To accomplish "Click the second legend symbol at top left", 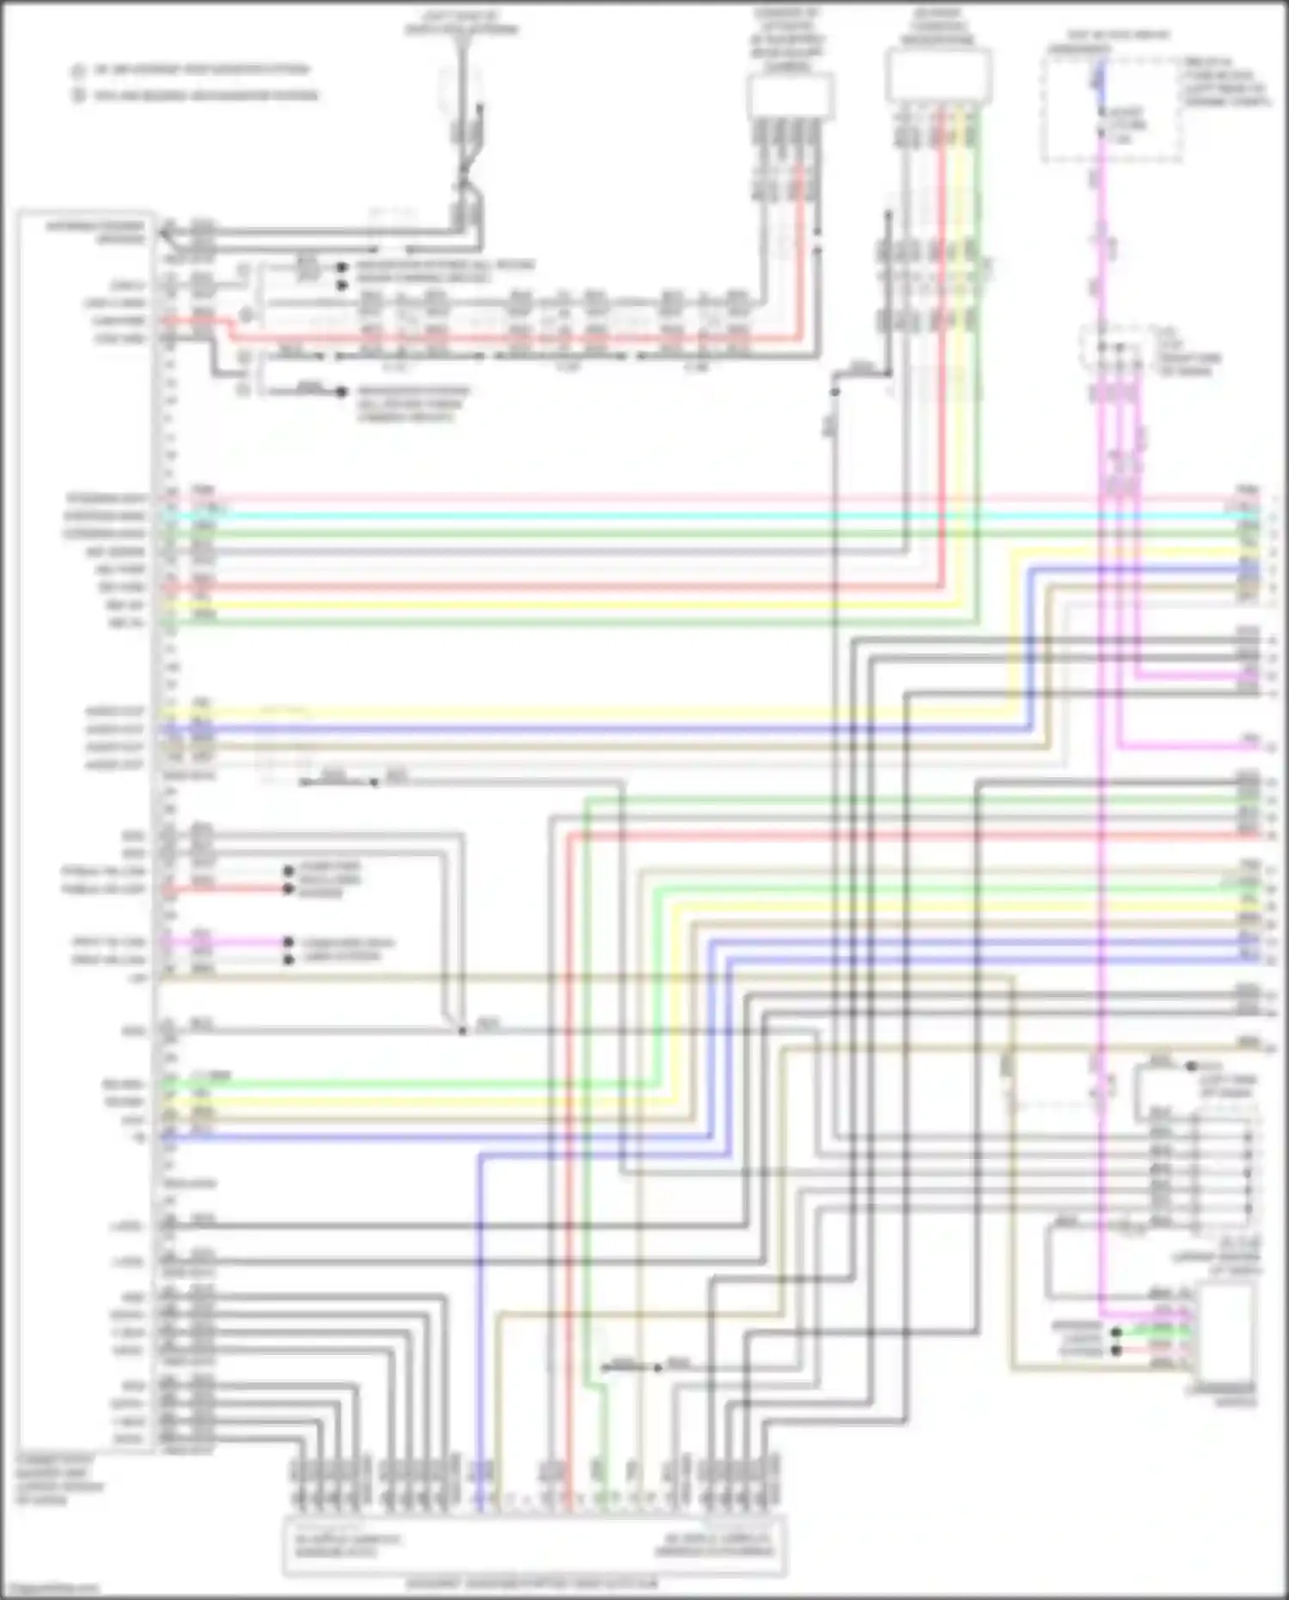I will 78,95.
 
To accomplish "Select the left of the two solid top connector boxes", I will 791,95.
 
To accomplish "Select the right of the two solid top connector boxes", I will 938,76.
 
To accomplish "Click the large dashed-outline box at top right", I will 1112,107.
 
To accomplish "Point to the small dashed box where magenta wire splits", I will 1115,348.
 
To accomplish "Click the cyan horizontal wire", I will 687,516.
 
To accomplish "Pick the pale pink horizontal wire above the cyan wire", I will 687,498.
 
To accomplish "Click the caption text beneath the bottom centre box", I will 534,1583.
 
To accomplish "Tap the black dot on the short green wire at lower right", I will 1115,1333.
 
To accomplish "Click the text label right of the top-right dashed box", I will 1225,83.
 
